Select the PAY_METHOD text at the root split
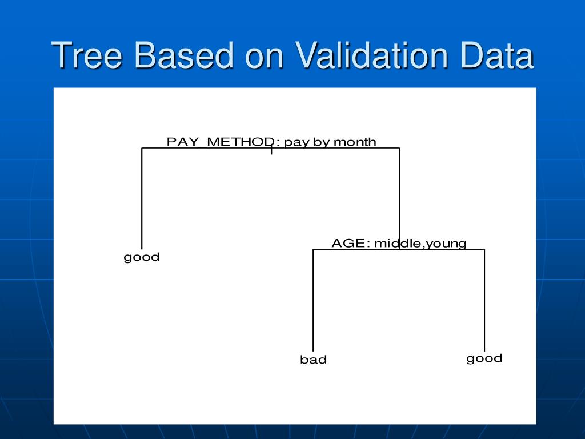[221, 142]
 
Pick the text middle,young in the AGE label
[420, 244]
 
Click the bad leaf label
[314, 360]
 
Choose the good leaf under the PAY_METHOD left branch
[142, 257]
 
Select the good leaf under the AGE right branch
[484, 359]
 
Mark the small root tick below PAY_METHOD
[271, 151]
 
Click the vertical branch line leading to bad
[313, 300]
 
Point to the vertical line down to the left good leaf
[142, 198]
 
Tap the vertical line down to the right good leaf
[484, 300]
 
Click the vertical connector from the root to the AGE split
[399, 198]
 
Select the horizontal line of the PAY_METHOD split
[270, 148]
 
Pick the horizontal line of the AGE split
[398, 249]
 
